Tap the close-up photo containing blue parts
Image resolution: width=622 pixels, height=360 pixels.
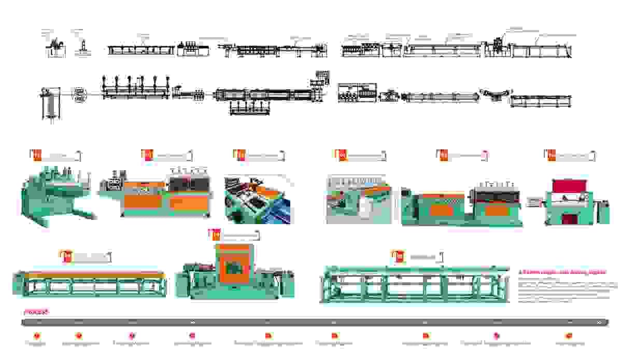click(x=259, y=200)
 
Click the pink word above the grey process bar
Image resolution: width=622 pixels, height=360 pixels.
click(x=36, y=312)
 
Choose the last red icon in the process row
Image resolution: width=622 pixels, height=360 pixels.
click(x=569, y=336)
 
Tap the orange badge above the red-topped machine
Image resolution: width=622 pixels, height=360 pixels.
click(x=550, y=155)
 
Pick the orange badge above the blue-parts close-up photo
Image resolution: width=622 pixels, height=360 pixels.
click(x=240, y=155)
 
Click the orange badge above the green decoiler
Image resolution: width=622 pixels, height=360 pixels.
click(x=36, y=155)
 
